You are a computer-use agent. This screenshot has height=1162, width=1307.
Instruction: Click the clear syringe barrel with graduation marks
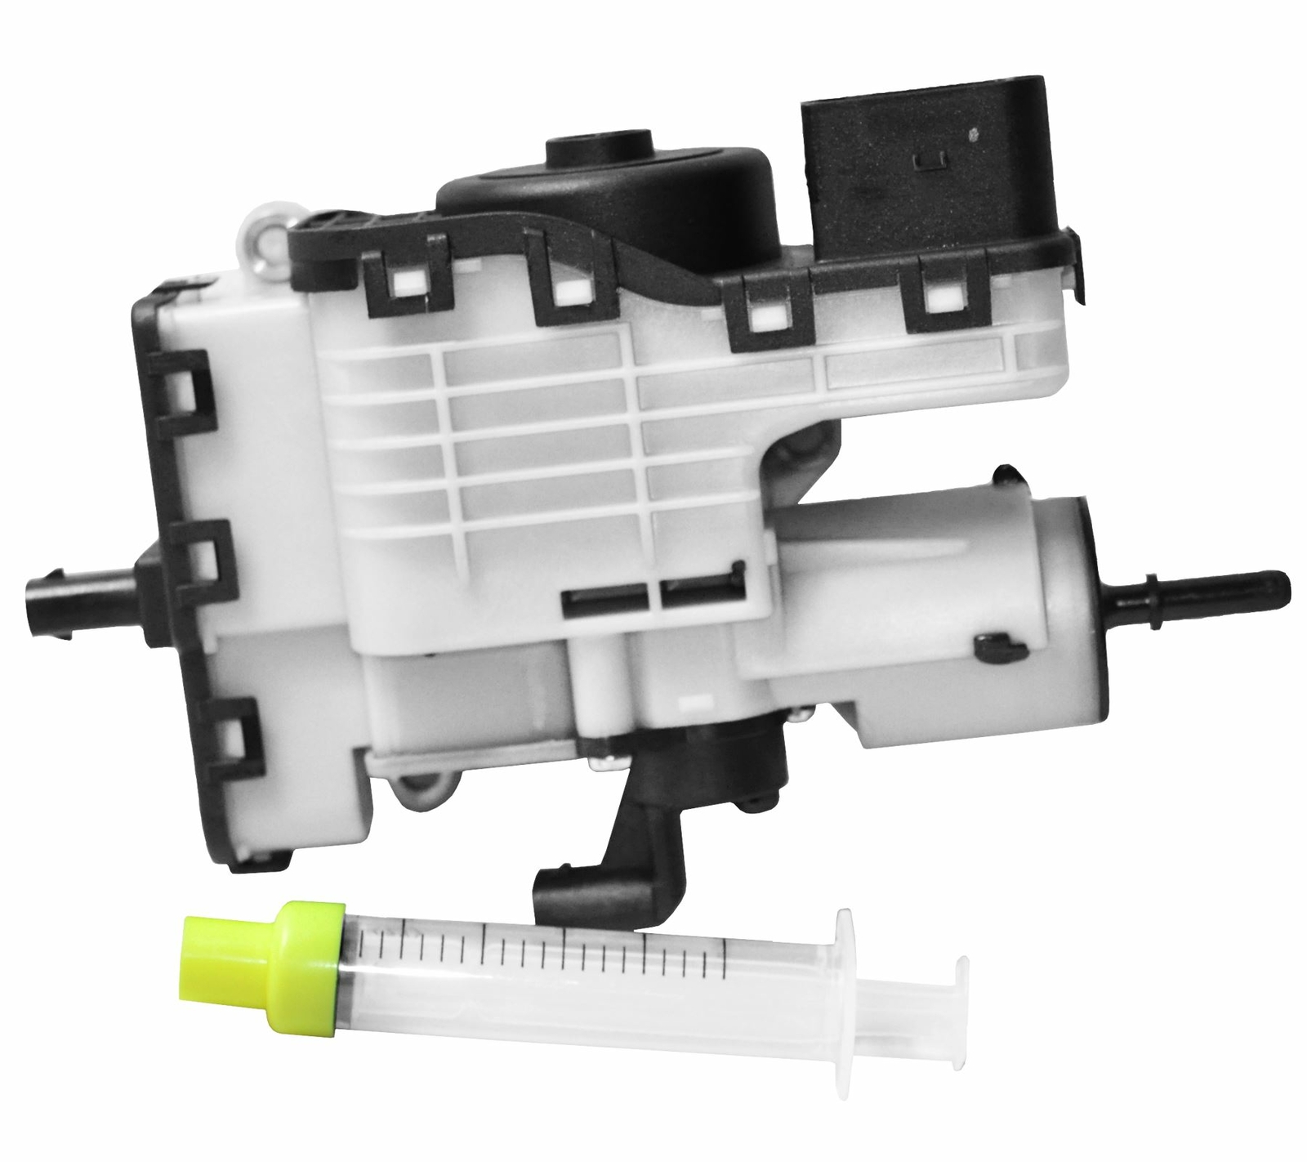pyautogui.click(x=572, y=972)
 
